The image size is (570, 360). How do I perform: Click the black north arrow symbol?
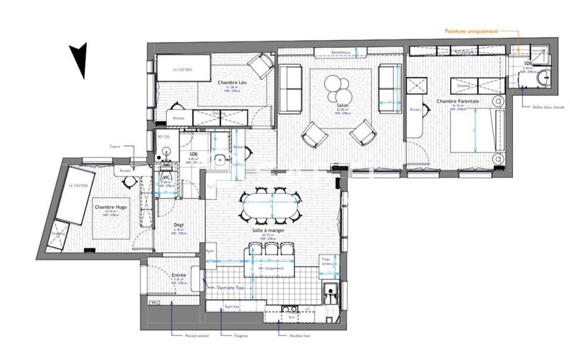click(x=79, y=60)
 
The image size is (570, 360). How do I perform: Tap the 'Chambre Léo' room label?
click(x=232, y=83)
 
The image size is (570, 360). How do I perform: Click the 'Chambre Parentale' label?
click(x=457, y=103)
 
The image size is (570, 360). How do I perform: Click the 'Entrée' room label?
click(x=180, y=274)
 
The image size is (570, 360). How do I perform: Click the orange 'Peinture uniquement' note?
click(x=472, y=31)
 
